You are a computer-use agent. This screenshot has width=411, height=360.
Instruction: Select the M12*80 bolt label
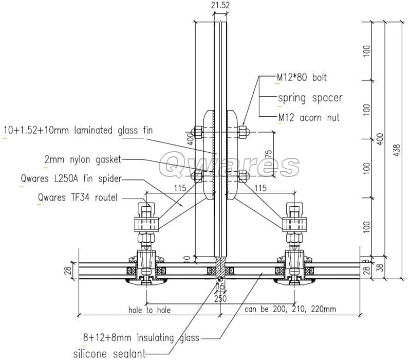(302, 78)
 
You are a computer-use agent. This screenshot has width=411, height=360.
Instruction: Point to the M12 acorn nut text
(309, 118)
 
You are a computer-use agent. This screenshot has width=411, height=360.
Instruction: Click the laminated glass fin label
(78, 130)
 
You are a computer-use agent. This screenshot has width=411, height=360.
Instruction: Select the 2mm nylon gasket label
(83, 160)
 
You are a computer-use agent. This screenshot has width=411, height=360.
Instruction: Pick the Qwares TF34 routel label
(78, 197)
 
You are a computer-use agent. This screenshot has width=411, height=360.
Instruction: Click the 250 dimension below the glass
(220, 298)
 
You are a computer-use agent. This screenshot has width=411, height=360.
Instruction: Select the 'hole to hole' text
(149, 310)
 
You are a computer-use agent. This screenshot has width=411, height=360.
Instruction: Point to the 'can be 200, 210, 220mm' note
(290, 309)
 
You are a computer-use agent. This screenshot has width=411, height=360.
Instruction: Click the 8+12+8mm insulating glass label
(141, 338)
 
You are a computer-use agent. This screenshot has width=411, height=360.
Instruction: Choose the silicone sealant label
(109, 354)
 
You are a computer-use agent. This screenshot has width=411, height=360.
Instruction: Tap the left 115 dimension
(179, 188)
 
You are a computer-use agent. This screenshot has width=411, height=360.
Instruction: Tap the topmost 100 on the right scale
(366, 50)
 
